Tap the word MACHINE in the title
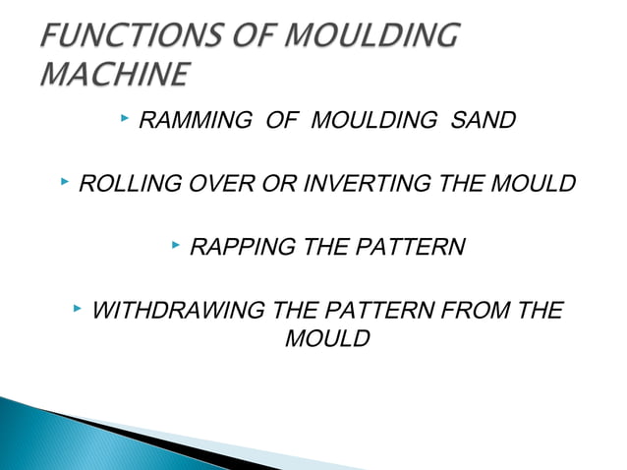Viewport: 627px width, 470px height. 115,75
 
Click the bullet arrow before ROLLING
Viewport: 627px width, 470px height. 65,181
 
